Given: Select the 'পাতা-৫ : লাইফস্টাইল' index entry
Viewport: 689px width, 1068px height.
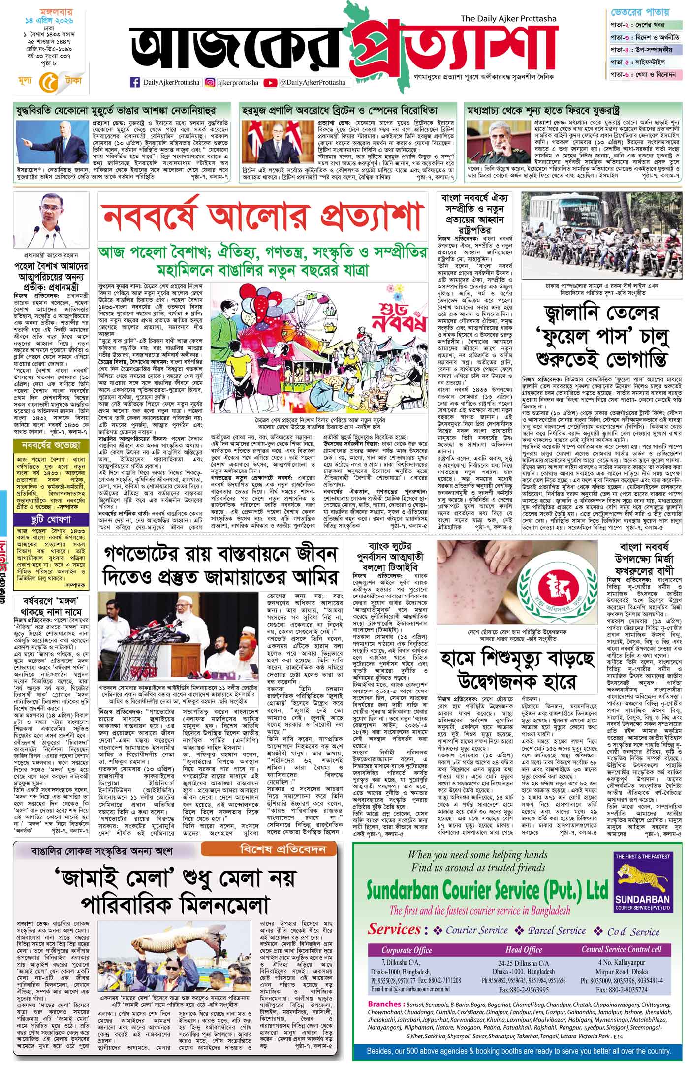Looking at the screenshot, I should [x=644, y=62].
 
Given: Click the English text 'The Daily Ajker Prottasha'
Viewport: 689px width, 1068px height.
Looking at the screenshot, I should [x=508, y=19].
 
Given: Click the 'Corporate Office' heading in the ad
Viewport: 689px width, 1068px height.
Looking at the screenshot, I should [x=407, y=949].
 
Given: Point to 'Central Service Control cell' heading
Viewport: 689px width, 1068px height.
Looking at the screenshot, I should [x=622, y=948].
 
